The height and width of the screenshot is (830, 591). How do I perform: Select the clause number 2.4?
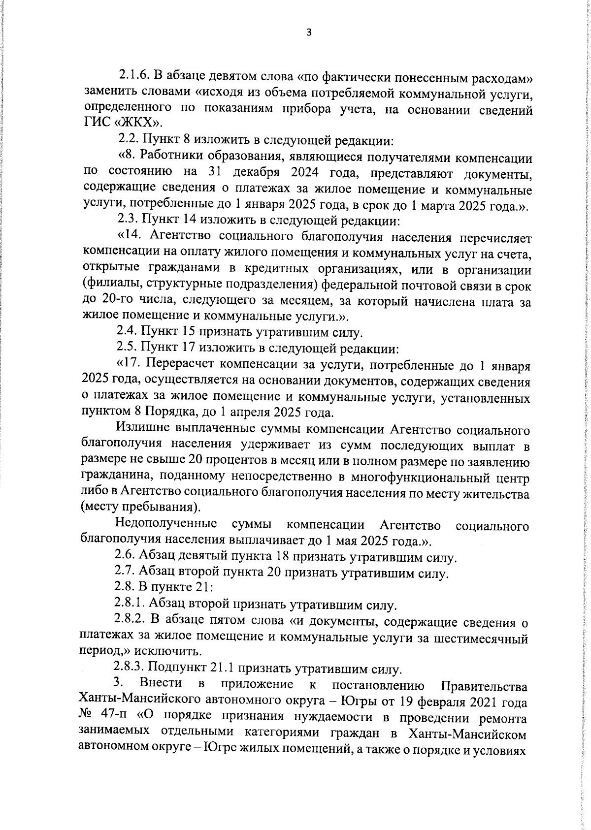pos(127,332)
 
